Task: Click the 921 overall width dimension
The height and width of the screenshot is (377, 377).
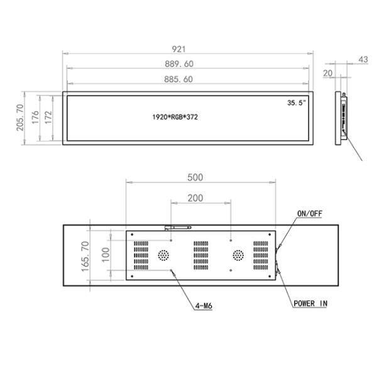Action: click(x=179, y=49)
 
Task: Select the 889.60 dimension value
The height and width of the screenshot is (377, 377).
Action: click(x=179, y=64)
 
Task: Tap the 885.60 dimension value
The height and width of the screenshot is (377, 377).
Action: click(x=178, y=79)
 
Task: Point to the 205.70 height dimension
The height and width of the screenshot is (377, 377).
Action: click(x=20, y=117)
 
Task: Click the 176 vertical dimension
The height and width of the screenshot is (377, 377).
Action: click(x=35, y=117)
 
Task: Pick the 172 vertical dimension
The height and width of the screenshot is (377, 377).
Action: click(x=48, y=117)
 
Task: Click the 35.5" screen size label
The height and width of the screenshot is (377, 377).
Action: click(x=297, y=102)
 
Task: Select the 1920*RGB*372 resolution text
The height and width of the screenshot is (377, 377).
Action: click(x=175, y=117)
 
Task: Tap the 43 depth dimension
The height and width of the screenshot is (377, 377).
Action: click(x=363, y=60)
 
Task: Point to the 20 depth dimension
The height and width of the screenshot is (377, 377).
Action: click(x=328, y=73)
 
